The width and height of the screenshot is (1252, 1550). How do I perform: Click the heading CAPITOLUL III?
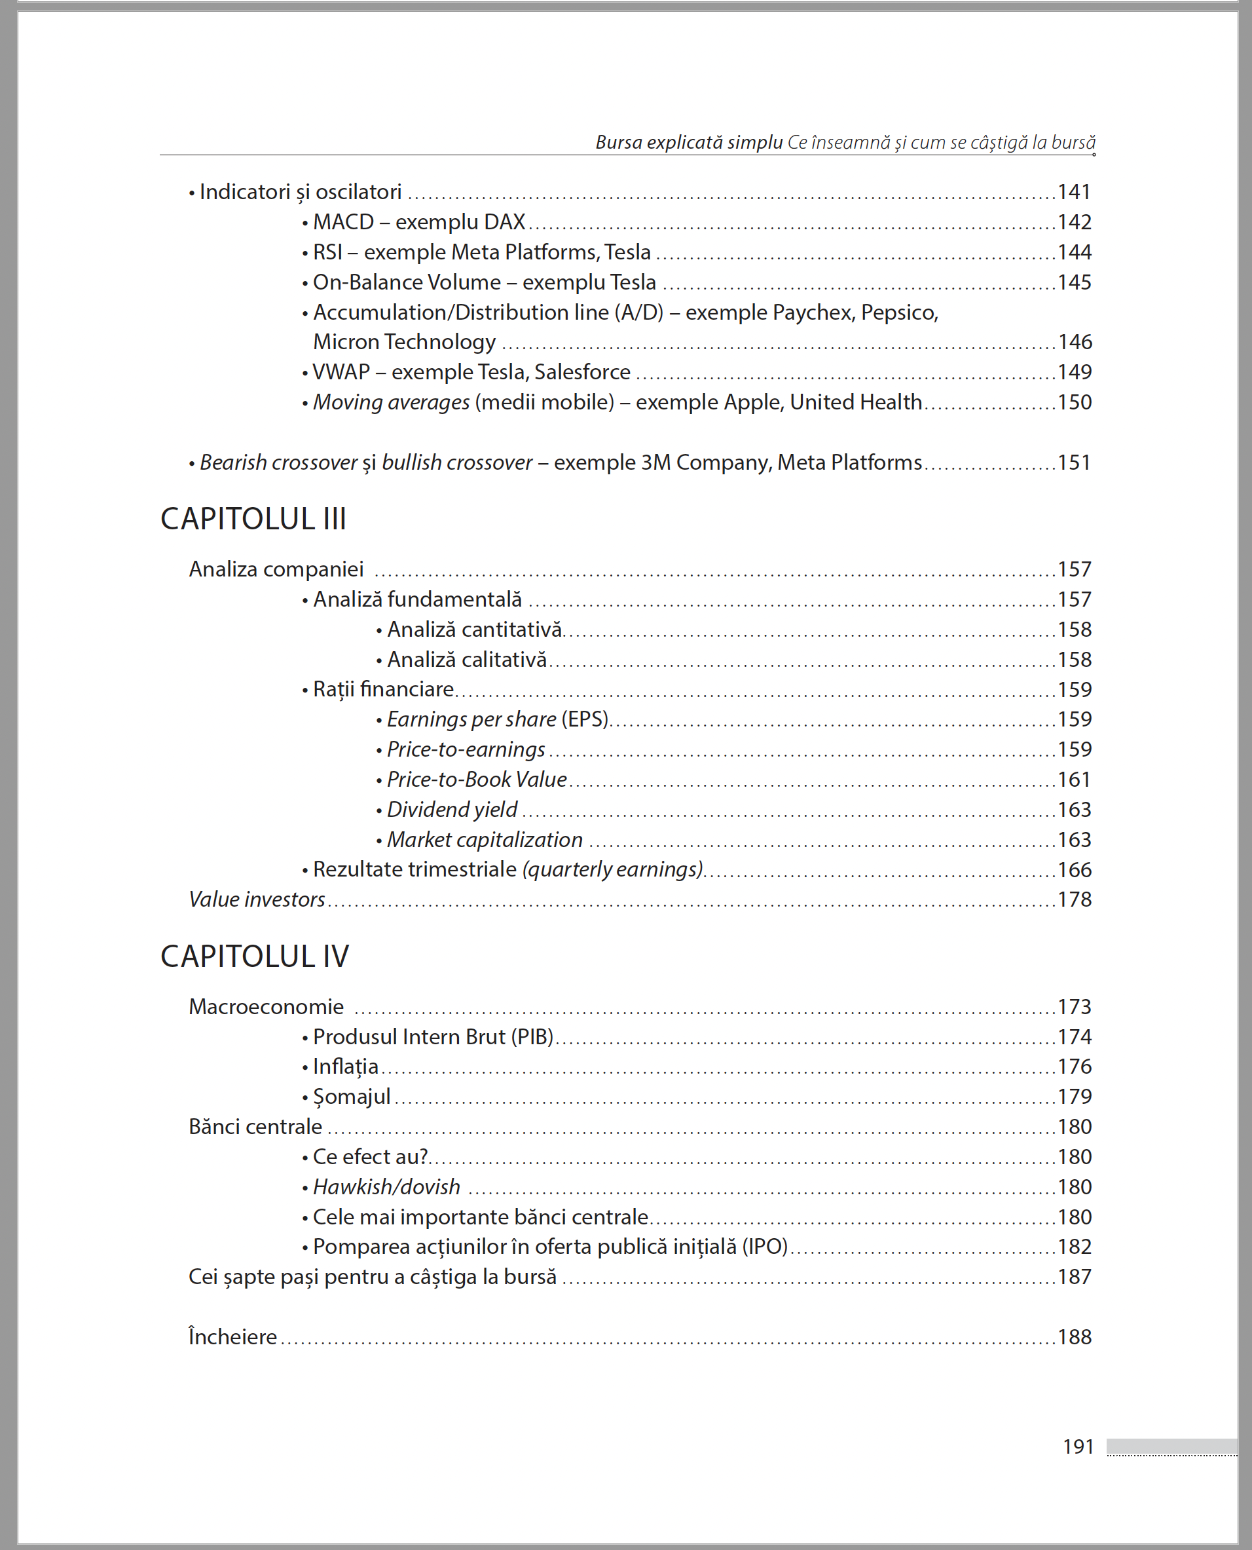point(253,519)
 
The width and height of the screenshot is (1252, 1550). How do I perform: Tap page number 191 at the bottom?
point(1078,1446)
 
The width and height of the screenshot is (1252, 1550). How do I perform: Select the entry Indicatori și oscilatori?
point(300,192)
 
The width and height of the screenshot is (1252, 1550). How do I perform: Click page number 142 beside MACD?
point(1074,222)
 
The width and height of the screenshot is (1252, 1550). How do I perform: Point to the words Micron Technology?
point(404,342)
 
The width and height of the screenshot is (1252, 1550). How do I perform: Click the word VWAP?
point(341,372)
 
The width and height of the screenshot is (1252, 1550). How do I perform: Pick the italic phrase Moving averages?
point(391,403)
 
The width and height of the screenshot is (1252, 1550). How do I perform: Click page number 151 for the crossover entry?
point(1074,463)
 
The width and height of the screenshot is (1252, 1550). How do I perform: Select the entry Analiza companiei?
point(276,569)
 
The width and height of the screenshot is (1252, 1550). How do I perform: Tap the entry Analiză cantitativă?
point(474,630)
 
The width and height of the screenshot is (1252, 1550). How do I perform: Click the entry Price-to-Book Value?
point(477,780)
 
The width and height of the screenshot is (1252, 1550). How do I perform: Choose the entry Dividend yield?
point(452,810)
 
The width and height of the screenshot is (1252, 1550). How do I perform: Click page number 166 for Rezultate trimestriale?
point(1074,869)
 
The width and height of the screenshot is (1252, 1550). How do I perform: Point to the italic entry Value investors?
point(257,900)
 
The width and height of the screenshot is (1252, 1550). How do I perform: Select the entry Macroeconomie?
point(266,1007)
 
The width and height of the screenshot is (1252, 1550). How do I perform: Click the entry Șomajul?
point(351,1097)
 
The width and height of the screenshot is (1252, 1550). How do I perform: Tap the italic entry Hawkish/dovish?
point(386,1187)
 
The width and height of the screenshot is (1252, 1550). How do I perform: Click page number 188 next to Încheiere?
point(1074,1337)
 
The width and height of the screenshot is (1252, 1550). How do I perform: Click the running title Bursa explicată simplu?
point(689,142)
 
